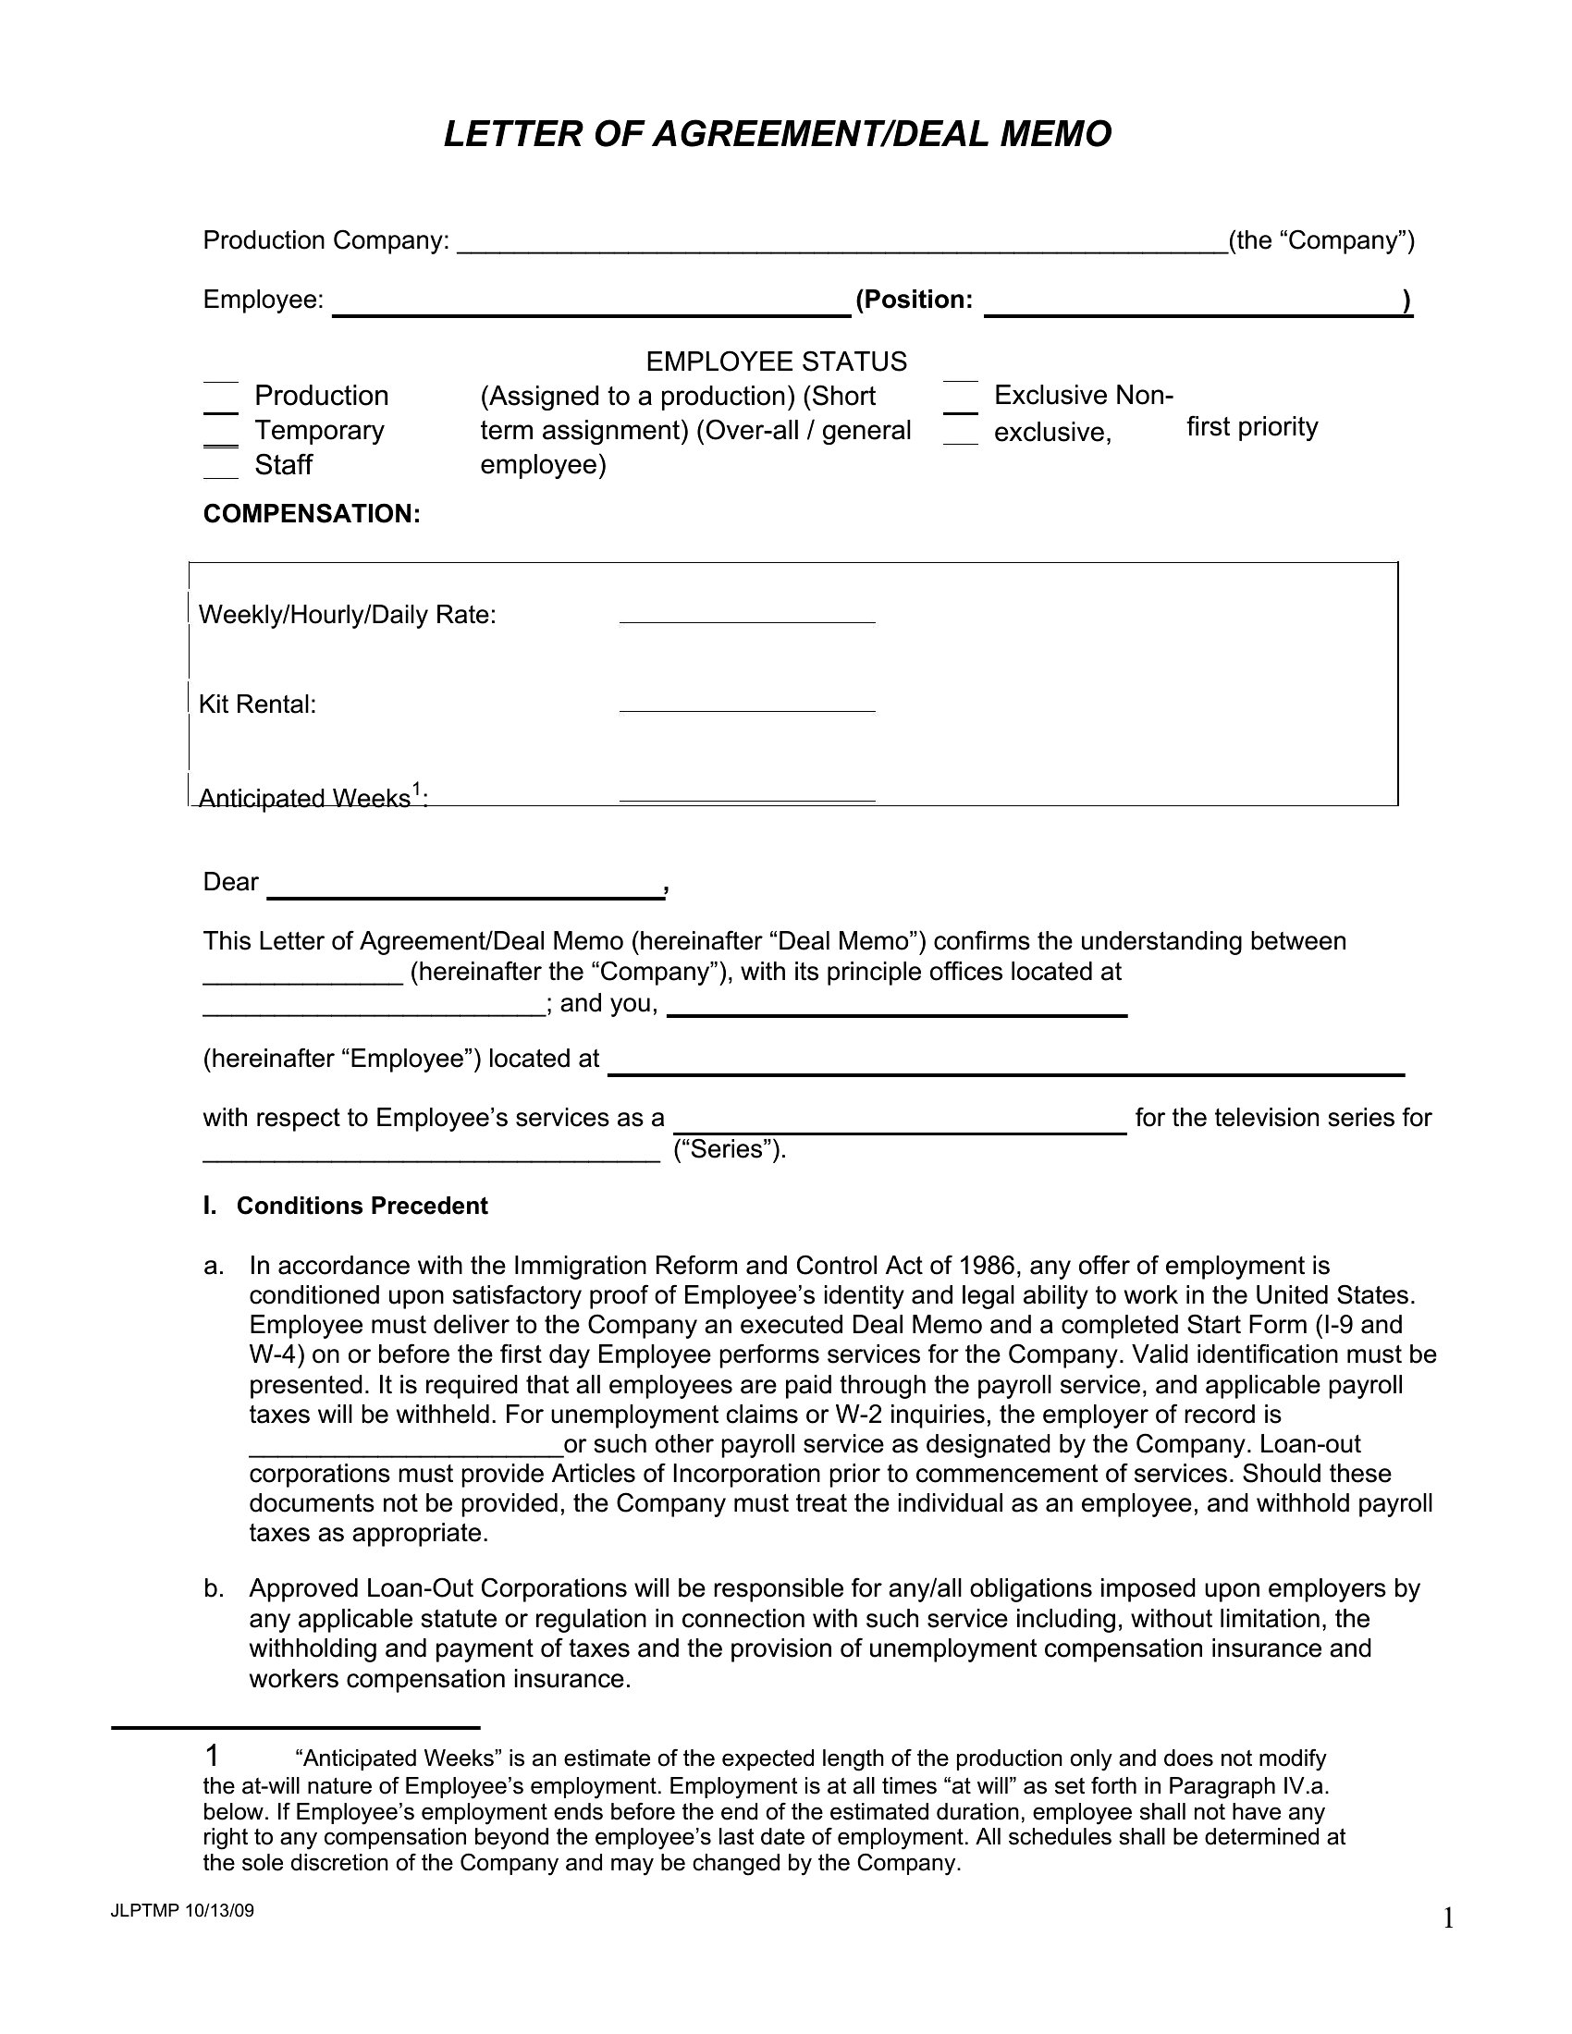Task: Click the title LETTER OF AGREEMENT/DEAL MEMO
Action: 777,134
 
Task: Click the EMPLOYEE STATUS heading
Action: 776,361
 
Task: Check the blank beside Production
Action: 221,402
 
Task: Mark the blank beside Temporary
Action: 221,436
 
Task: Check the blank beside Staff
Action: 221,471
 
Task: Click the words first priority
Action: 1252,426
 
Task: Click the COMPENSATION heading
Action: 312,514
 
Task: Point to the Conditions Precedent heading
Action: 362,1205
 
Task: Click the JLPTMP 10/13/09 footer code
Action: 181,1911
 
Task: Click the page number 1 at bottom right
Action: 1448,1918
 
